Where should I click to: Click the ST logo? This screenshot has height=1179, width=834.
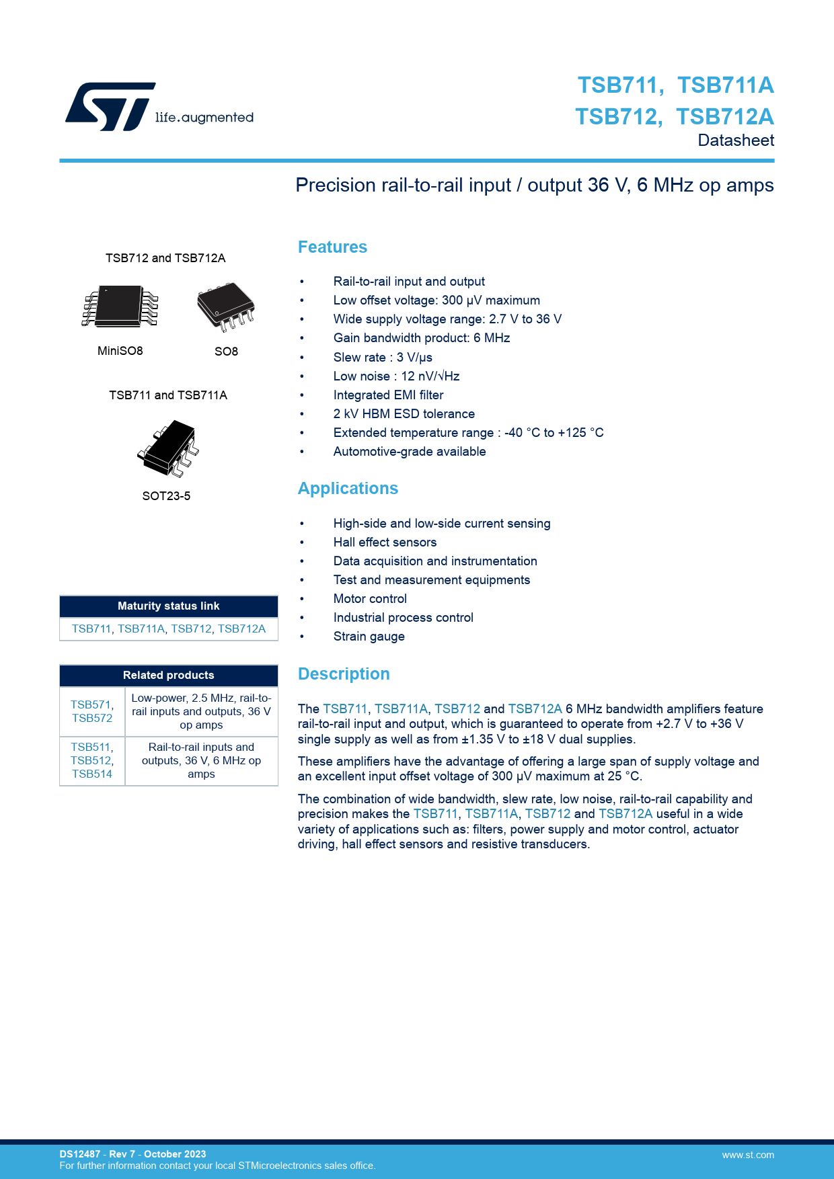coord(110,106)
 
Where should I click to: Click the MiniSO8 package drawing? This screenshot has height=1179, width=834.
coord(120,307)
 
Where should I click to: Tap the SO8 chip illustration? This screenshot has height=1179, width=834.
coord(226,307)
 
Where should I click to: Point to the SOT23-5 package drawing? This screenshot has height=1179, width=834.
coord(168,448)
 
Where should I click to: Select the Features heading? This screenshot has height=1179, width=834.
coord(332,247)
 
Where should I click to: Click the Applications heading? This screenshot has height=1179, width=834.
coord(348,489)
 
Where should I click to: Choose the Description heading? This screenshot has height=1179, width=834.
coord(344,674)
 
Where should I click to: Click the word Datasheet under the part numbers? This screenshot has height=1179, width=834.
coord(736,140)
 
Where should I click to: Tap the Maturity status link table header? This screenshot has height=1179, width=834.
coord(169,606)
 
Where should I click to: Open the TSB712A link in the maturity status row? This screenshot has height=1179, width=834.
coord(241,629)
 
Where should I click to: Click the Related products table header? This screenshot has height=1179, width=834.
coord(169,676)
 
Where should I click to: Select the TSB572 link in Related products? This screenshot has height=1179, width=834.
coord(92,719)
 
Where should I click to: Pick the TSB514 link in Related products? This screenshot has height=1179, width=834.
coord(92,774)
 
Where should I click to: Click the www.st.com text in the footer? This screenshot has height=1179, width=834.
coord(748,1155)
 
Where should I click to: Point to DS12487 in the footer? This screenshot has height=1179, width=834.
coord(79,1154)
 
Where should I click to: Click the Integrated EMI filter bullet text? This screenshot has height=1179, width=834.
coord(388,395)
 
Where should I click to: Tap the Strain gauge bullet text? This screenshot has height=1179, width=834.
coord(369,637)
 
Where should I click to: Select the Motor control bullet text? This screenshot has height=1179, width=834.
coord(370,599)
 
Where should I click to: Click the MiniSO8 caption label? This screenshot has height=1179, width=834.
coord(120,351)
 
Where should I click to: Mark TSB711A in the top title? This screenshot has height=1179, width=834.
coord(725,85)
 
